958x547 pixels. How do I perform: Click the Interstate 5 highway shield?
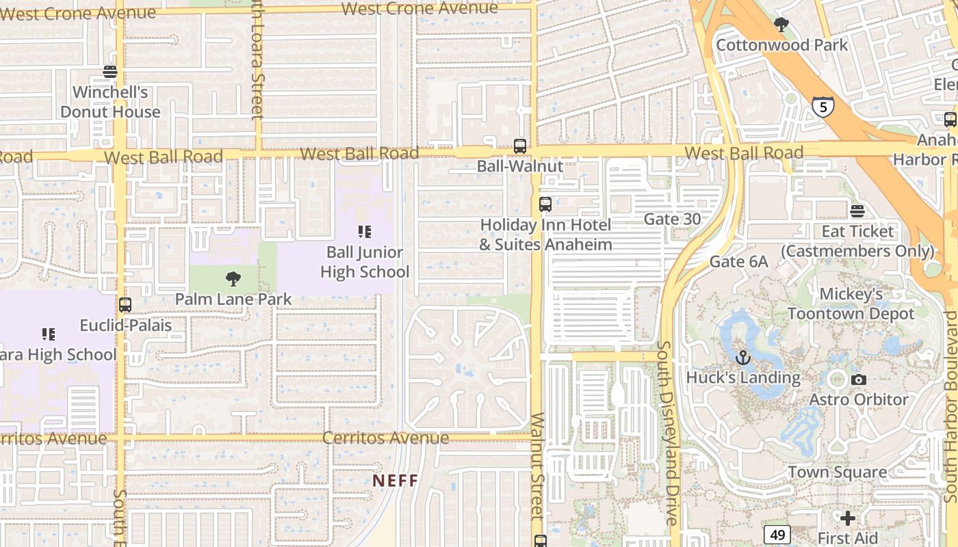tap(823, 107)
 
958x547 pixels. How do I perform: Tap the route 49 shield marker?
tap(777, 534)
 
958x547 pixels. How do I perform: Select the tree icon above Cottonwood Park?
tap(781, 25)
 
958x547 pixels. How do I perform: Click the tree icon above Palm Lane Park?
tap(233, 278)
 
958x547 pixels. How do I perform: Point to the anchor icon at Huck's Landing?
tap(742, 357)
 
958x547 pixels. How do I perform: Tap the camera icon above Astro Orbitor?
tap(858, 379)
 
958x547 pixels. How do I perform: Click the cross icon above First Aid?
tap(848, 518)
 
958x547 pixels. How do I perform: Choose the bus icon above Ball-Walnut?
tap(520, 146)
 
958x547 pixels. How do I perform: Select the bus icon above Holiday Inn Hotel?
tap(545, 204)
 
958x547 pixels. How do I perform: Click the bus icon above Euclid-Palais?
tap(125, 305)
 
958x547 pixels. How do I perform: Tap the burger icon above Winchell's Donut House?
tap(110, 72)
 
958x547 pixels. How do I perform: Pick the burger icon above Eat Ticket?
tap(857, 211)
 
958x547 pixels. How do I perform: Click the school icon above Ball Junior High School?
tap(365, 232)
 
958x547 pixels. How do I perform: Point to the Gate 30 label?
tap(672, 219)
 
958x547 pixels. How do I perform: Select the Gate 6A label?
tap(738, 261)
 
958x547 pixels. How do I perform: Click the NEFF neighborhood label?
tap(395, 481)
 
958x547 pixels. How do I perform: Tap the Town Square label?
tap(837, 472)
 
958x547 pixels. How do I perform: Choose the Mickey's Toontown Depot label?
tap(851, 304)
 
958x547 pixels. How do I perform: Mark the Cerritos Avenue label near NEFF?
tap(386, 438)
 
